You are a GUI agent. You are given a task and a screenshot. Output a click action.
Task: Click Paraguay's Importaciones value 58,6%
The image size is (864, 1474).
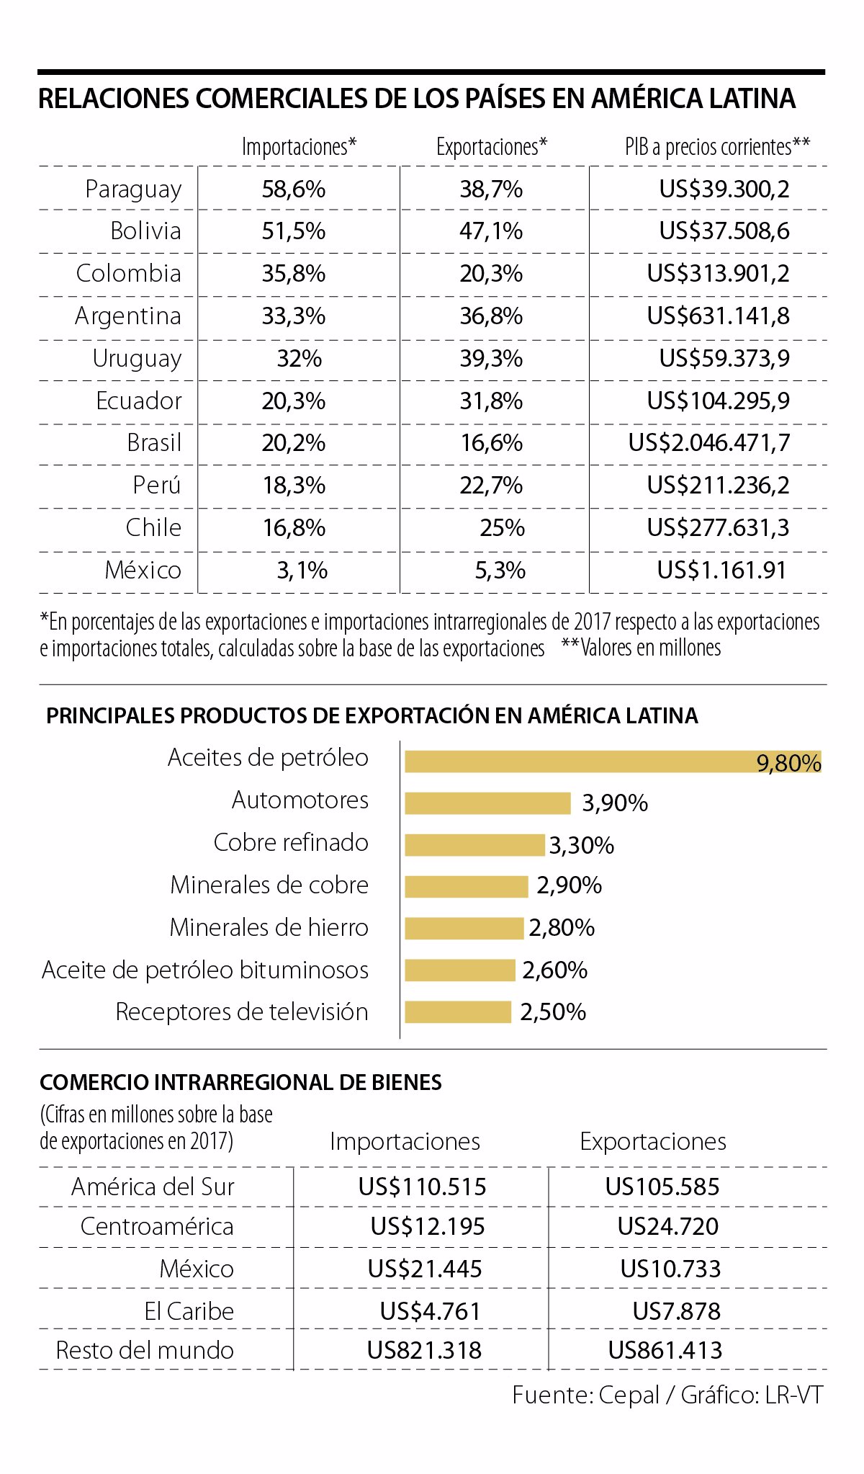293,189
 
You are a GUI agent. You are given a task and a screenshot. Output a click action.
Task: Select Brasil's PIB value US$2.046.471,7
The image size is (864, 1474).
708,442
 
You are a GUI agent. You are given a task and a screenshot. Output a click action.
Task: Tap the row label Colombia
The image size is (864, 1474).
128,274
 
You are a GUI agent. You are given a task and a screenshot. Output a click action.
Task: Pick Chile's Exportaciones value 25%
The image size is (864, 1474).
502,527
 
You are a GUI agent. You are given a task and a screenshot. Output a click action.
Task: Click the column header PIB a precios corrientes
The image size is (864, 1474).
717,147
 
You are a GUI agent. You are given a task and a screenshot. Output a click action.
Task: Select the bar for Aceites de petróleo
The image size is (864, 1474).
576,761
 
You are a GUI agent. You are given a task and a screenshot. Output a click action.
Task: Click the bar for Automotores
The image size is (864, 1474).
487,803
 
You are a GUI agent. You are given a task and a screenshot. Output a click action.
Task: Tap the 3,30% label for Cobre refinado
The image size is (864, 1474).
582,845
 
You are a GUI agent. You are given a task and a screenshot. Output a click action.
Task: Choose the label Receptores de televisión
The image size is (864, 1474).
241,1012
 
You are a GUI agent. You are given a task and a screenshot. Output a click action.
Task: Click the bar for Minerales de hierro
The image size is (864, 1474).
464,929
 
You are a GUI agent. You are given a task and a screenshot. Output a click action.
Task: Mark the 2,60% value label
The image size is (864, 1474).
554,970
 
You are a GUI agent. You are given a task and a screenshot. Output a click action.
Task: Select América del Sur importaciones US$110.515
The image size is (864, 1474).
423,1187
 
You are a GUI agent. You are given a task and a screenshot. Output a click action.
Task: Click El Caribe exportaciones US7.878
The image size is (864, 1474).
676,1311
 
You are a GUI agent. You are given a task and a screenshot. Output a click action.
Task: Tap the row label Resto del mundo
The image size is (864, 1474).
145,1350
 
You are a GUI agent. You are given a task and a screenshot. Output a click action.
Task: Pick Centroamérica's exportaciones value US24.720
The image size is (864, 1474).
667,1226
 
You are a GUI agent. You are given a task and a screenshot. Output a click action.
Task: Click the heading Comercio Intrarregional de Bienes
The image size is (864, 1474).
240,1082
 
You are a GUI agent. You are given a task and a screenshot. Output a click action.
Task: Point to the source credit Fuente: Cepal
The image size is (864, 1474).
585,1395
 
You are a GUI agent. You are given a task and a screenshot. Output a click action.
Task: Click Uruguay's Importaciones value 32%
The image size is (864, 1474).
299,358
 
